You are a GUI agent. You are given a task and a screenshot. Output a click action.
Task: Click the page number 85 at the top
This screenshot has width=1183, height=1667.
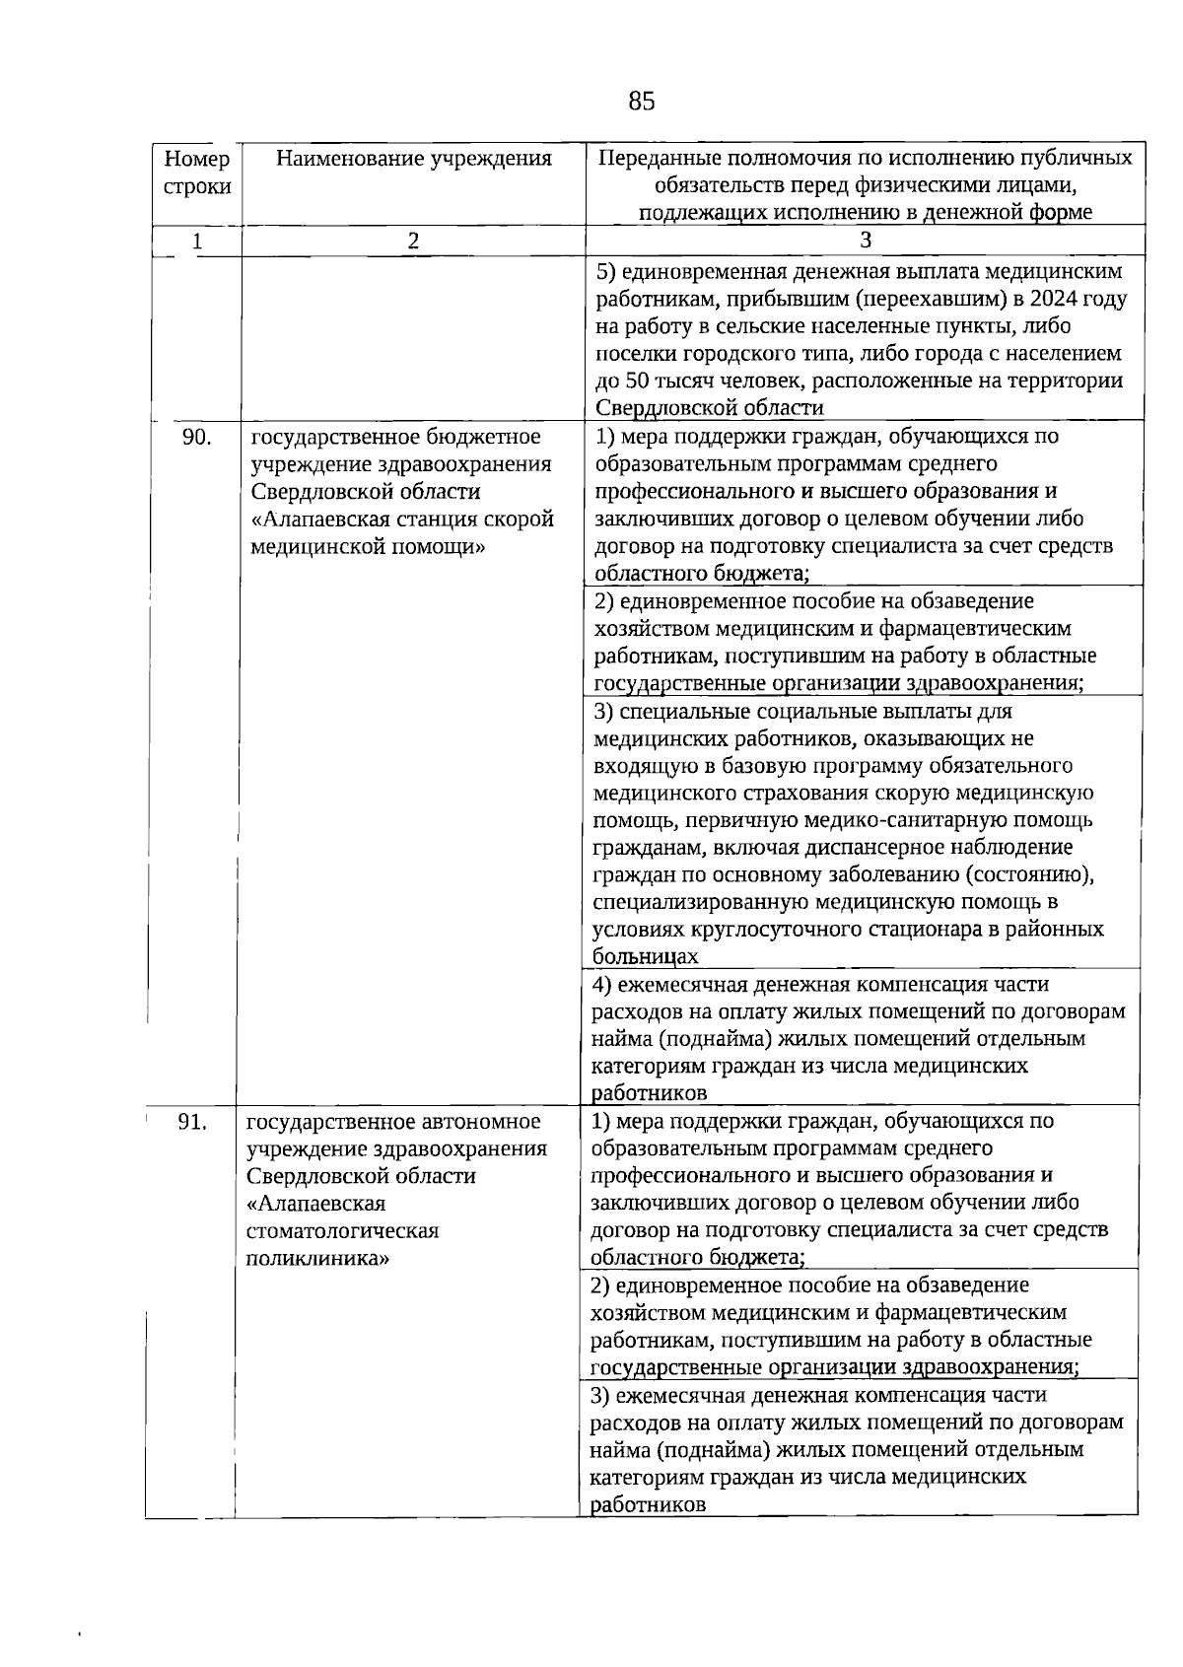coord(641,102)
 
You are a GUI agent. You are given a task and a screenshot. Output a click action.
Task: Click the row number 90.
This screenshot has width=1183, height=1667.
coord(196,437)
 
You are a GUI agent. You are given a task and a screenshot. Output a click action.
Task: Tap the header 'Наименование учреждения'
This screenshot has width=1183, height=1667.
coord(413,159)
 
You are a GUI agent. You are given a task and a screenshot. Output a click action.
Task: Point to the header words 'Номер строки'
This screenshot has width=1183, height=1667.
coord(197,173)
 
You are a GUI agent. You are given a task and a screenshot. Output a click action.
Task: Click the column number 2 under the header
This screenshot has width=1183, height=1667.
coord(414,241)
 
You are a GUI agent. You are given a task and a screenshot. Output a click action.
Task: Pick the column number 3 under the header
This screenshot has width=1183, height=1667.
coord(866,241)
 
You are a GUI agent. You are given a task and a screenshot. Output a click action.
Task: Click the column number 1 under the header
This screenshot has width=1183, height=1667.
coord(197,241)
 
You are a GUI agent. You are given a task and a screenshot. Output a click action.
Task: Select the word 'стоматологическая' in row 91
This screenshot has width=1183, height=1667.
coord(342,1231)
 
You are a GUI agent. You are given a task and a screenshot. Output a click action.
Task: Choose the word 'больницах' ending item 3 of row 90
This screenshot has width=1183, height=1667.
coord(645,956)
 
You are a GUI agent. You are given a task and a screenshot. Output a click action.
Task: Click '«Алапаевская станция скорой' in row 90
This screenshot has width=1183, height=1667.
coord(402,519)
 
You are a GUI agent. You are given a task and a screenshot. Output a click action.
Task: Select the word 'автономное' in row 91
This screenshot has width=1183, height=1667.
coord(481,1122)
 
